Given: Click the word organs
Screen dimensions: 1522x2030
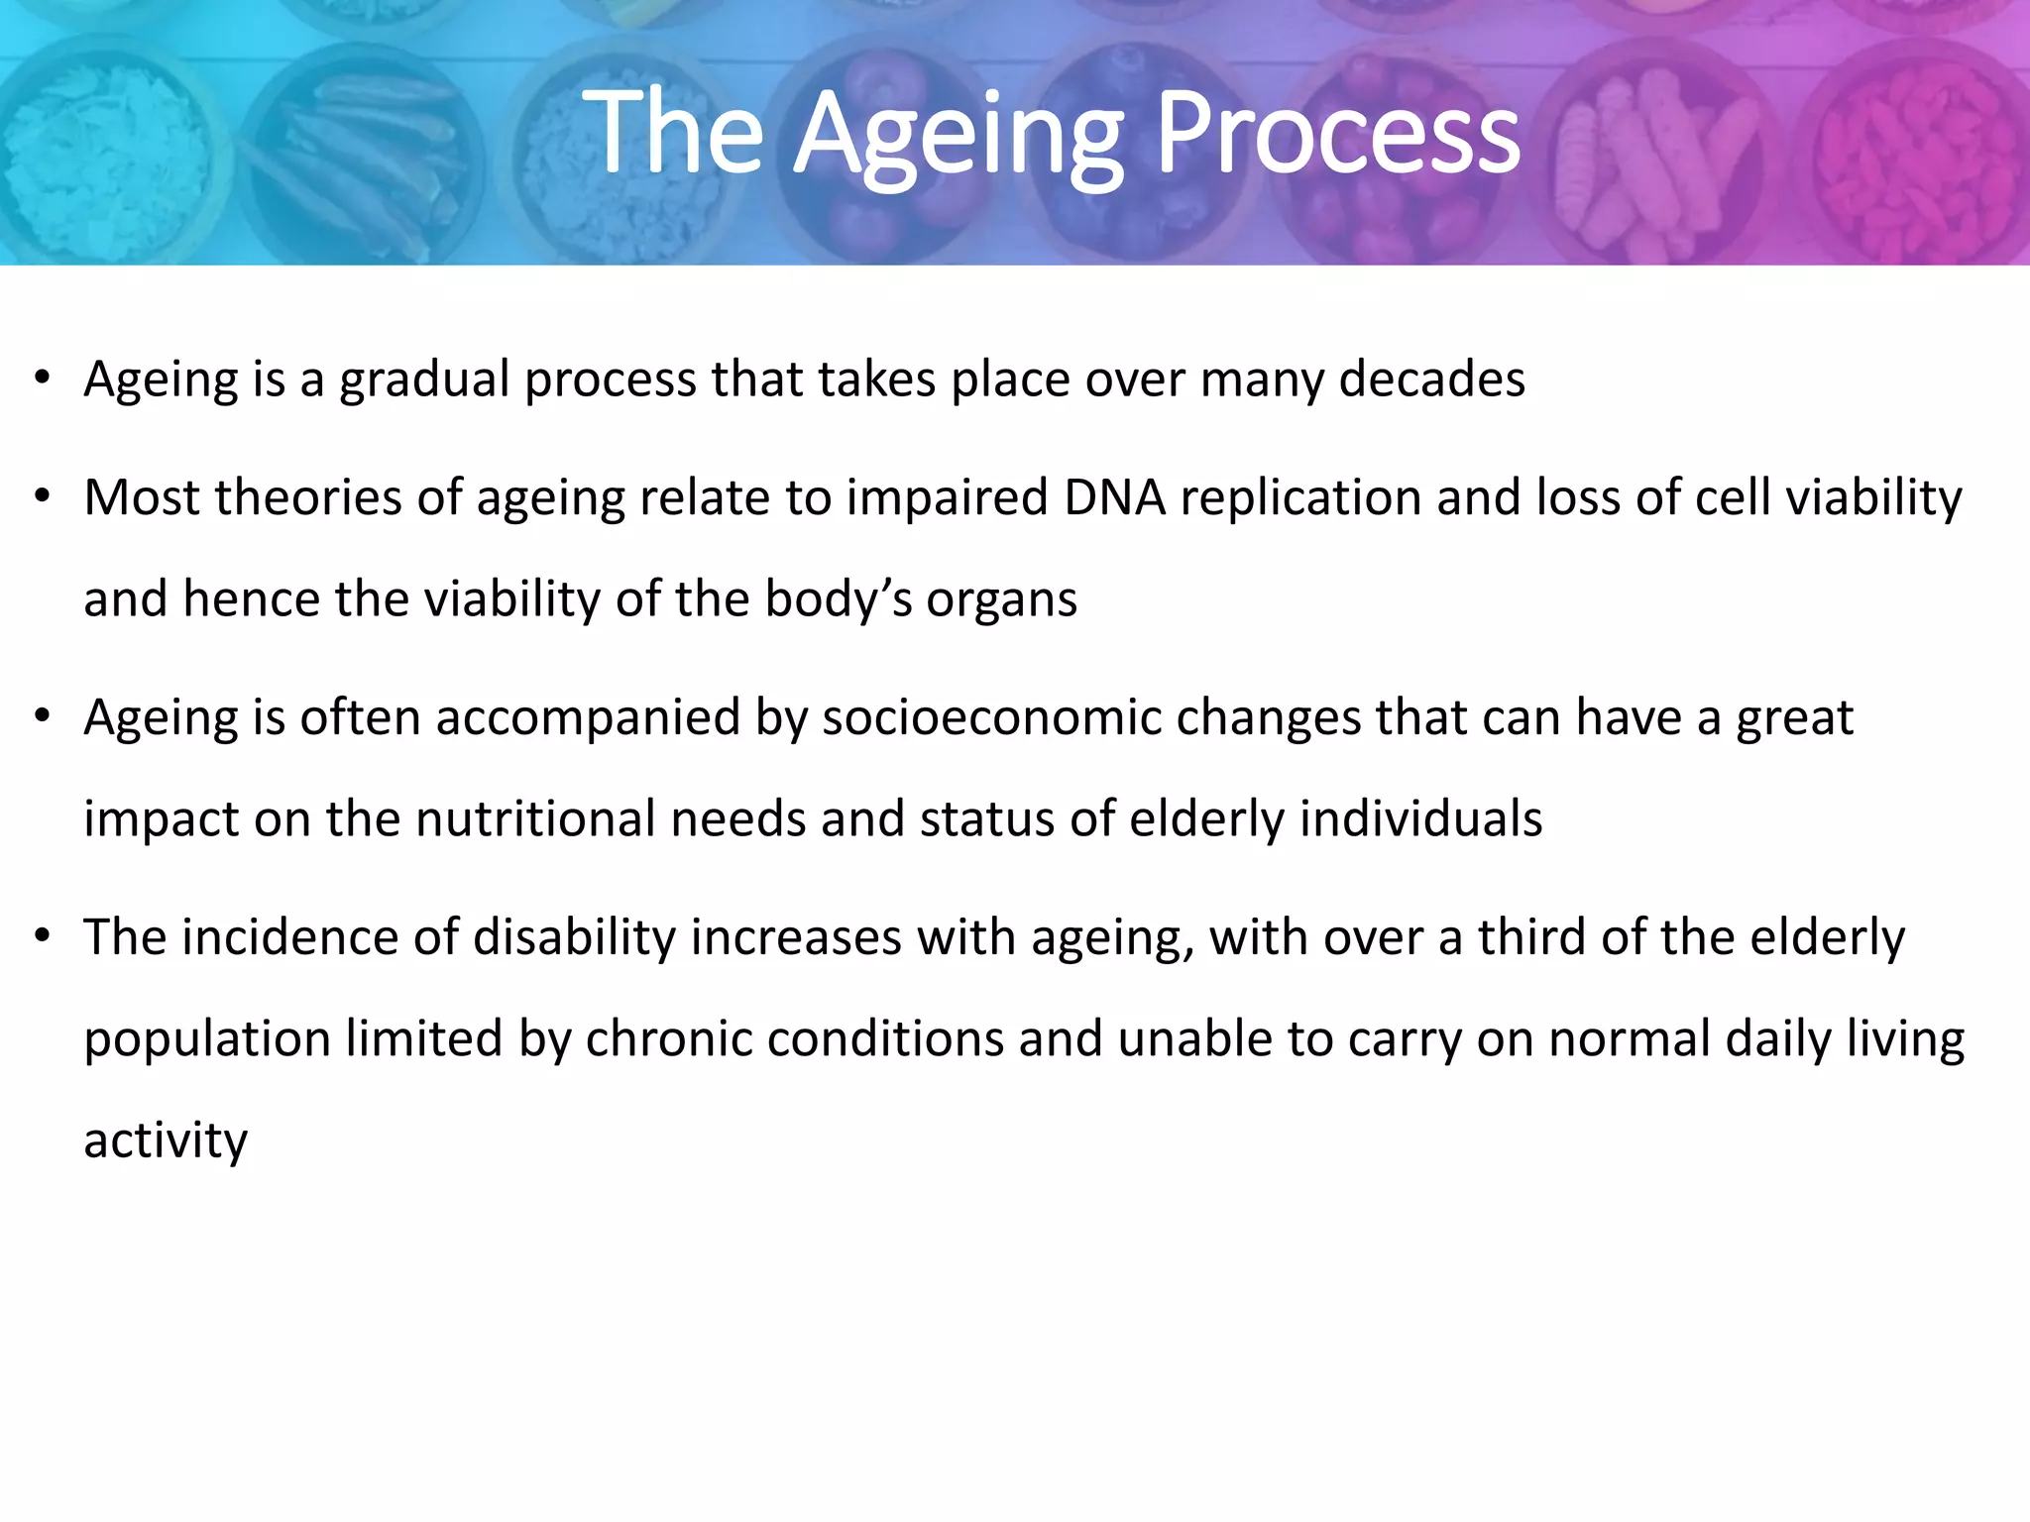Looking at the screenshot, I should point(1001,600).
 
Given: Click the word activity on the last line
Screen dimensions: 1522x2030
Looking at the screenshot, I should point(166,1141).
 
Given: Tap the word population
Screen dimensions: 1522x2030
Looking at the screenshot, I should point(207,1040).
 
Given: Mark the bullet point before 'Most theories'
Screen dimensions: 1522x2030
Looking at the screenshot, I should point(41,496).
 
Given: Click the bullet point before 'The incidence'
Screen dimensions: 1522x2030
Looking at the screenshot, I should point(41,936).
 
